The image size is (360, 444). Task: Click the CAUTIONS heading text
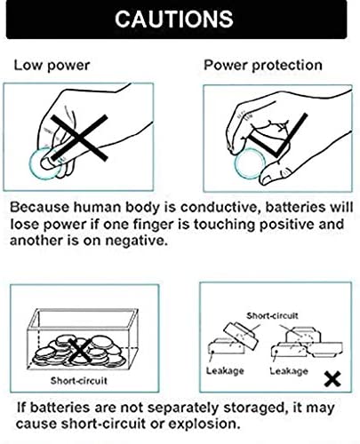(174, 19)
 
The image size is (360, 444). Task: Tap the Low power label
(52, 66)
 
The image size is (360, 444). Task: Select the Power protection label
(263, 65)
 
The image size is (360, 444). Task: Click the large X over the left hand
(79, 138)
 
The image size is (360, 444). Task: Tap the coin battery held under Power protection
(250, 164)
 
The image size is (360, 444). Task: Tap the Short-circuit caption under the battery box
(78, 381)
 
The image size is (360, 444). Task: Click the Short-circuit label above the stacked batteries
(272, 315)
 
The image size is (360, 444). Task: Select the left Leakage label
(225, 371)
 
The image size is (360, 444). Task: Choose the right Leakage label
(289, 371)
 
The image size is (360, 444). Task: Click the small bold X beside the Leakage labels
(332, 379)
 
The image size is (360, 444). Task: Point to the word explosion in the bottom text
(204, 424)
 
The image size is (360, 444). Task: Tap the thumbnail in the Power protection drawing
(269, 179)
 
